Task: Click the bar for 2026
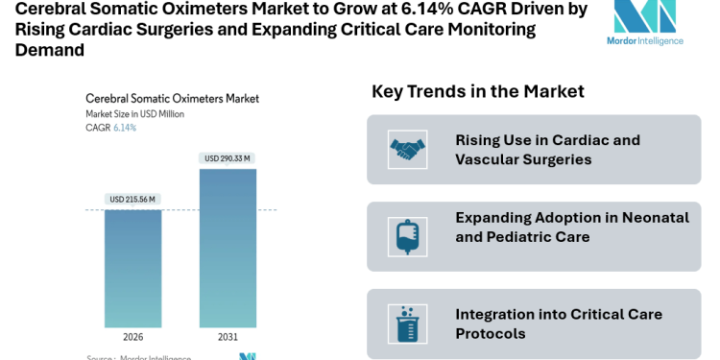point(133,269)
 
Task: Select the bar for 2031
point(228,250)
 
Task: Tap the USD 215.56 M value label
point(133,200)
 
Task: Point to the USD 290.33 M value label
point(228,158)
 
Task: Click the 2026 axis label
point(133,338)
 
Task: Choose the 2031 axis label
point(228,338)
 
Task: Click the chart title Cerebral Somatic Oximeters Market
point(172,98)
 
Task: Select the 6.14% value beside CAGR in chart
point(125,128)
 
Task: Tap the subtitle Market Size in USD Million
point(134,113)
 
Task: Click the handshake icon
point(407,149)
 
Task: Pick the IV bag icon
point(407,235)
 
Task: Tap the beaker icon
point(407,324)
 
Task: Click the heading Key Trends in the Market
point(477,91)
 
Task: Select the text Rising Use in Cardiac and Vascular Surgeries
point(547,150)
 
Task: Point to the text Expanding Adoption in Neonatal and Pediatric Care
point(572,227)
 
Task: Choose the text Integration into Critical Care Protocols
point(559,324)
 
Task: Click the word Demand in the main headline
point(49,49)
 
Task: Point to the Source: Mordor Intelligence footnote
point(138,357)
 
